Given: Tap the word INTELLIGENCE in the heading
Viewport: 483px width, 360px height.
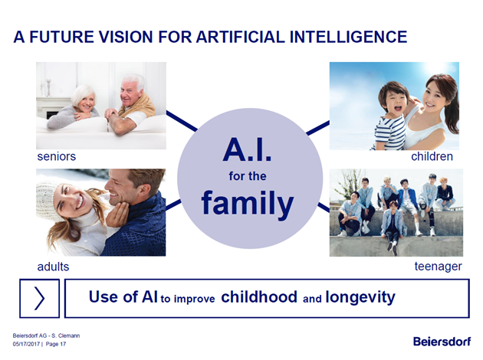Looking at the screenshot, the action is point(348,37).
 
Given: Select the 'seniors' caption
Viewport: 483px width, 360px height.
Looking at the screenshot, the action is point(57,156).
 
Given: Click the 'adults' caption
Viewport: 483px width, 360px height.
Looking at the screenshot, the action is point(53,267).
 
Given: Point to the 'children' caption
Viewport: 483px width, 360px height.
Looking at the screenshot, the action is point(432,156).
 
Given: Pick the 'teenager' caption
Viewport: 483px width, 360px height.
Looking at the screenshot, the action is point(438,267).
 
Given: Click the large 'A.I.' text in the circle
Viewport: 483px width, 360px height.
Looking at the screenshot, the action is point(248,150).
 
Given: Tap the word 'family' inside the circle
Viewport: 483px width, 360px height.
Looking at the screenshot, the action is point(248,204).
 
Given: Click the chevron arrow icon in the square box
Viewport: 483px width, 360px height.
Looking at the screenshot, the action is point(39,298).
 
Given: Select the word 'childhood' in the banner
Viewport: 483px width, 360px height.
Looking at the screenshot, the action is point(259,297).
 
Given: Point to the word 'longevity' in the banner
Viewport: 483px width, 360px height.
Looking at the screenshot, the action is point(360,297).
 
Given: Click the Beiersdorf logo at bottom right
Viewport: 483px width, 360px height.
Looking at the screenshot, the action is point(442,341).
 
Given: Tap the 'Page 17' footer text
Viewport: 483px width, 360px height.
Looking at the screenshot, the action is point(56,344).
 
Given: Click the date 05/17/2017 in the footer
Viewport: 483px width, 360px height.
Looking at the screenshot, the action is point(26,344).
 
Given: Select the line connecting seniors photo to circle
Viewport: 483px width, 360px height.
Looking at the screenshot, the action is point(182,121).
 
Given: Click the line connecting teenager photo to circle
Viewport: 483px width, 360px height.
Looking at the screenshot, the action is point(324,207).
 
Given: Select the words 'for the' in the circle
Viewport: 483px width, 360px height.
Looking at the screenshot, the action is point(248,176).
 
